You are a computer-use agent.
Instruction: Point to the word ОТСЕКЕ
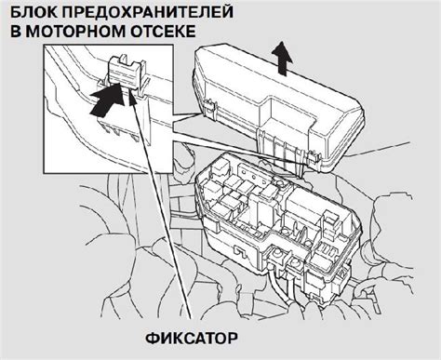tap(163, 32)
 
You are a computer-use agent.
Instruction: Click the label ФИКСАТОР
tap(192, 339)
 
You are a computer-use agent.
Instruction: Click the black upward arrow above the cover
tap(282, 58)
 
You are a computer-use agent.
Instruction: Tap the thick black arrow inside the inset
tap(106, 100)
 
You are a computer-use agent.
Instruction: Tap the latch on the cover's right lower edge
tap(314, 156)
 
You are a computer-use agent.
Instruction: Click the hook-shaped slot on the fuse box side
tap(238, 250)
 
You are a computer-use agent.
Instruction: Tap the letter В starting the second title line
tap(16, 32)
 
